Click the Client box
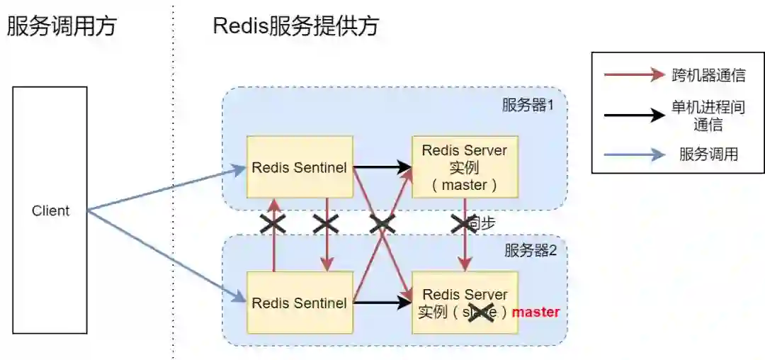pos(50,210)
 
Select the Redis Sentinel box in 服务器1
pos(299,167)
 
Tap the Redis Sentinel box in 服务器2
pos(299,303)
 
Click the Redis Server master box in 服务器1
pos(464,167)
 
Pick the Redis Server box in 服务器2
pos(464,303)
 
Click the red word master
pos(535,312)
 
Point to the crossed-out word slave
pos(481,312)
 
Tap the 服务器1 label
pos(527,106)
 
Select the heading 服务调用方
pos(61,27)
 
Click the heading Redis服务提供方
pos(295,27)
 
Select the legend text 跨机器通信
pos(708,75)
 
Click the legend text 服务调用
pos(708,154)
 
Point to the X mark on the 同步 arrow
pos(465,224)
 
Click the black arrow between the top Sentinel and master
pos(382,168)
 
